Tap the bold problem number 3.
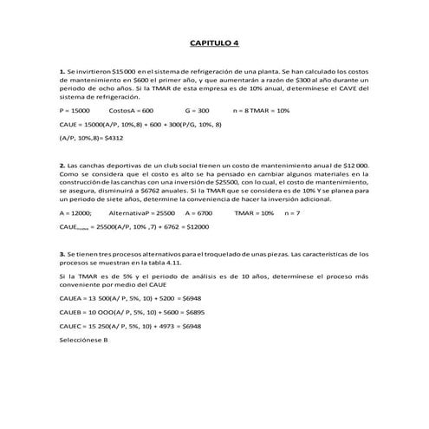point(61,254)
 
